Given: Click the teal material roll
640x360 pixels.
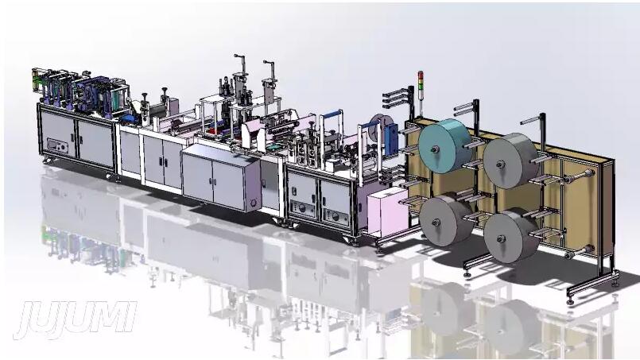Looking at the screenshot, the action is tap(445, 145).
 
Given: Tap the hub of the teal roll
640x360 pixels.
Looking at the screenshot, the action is tap(435, 149).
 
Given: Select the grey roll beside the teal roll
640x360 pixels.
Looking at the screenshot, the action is tap(510, 161).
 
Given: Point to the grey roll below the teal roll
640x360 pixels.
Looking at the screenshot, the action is tap(445, 219).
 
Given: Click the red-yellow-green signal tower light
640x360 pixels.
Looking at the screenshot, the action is tap(421, 80).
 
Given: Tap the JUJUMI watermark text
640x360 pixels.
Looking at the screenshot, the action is tap(76, 320).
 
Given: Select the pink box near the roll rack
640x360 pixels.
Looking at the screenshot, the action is tap(387, 211).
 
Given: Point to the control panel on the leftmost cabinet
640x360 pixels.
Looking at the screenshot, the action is tap(56, 145).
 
